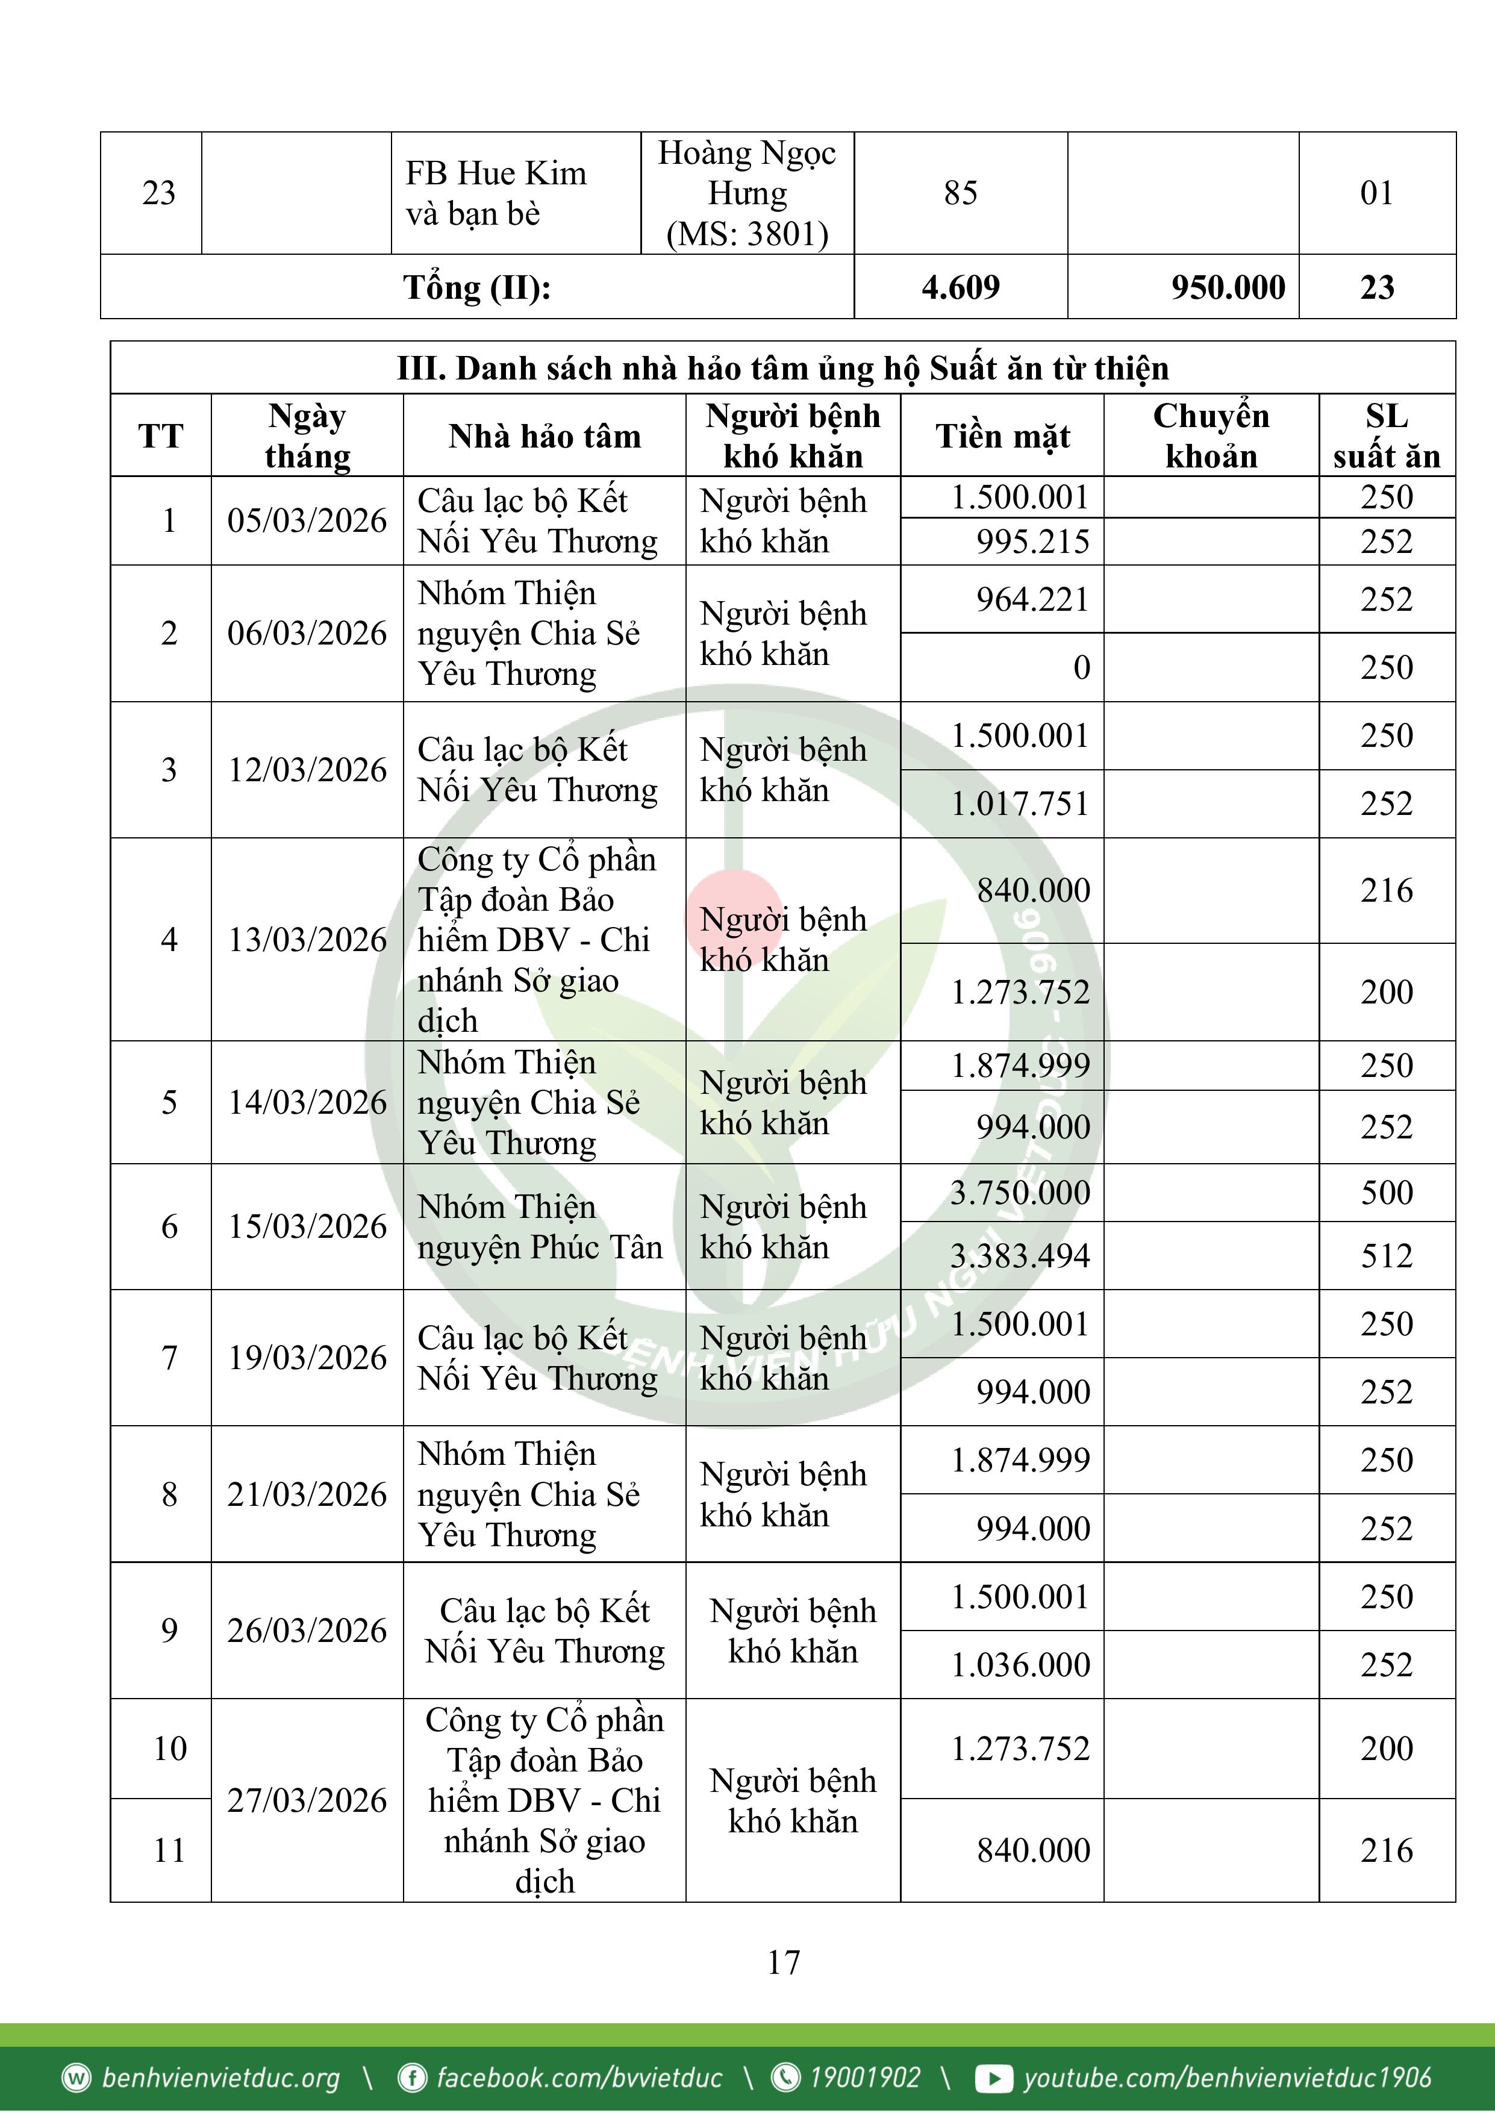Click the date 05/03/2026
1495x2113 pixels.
[x=307, y=521]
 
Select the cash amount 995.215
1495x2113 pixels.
[x=1033, y=541]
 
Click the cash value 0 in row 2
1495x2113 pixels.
[x=1082, y=667]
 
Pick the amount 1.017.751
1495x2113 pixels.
[x=1020, y=804]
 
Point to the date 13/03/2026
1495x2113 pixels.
[x=307, y=940]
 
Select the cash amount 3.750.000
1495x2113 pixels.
[x=1020, y=1193]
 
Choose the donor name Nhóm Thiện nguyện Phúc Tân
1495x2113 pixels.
[x=540, y=1227]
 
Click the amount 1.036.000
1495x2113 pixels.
[x=1020, y=1665]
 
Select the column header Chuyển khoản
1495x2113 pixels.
[x=1211, y=436]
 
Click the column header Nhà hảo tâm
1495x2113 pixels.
[x=544, y=436]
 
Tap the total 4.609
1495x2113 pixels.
[x=960, y=287]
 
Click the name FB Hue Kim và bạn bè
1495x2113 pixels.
[x=496, y=193]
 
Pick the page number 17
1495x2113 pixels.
[x=784, y=1962]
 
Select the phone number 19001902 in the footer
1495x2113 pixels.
[x=864, y=2077]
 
